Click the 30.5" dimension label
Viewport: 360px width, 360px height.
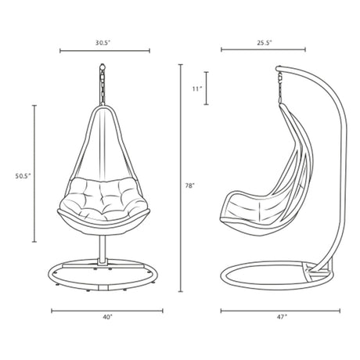[103, 43]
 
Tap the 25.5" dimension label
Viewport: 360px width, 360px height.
[265, 42]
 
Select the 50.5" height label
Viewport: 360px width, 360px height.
[23, 176]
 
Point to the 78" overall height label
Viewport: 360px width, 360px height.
[190, 185]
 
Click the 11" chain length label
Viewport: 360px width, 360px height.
[197, 89]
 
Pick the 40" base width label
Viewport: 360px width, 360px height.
[107, 317]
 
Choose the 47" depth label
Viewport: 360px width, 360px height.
[282, 317]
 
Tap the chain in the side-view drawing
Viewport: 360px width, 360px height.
[280, 88]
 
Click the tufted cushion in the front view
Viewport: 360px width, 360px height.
[103, 198]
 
